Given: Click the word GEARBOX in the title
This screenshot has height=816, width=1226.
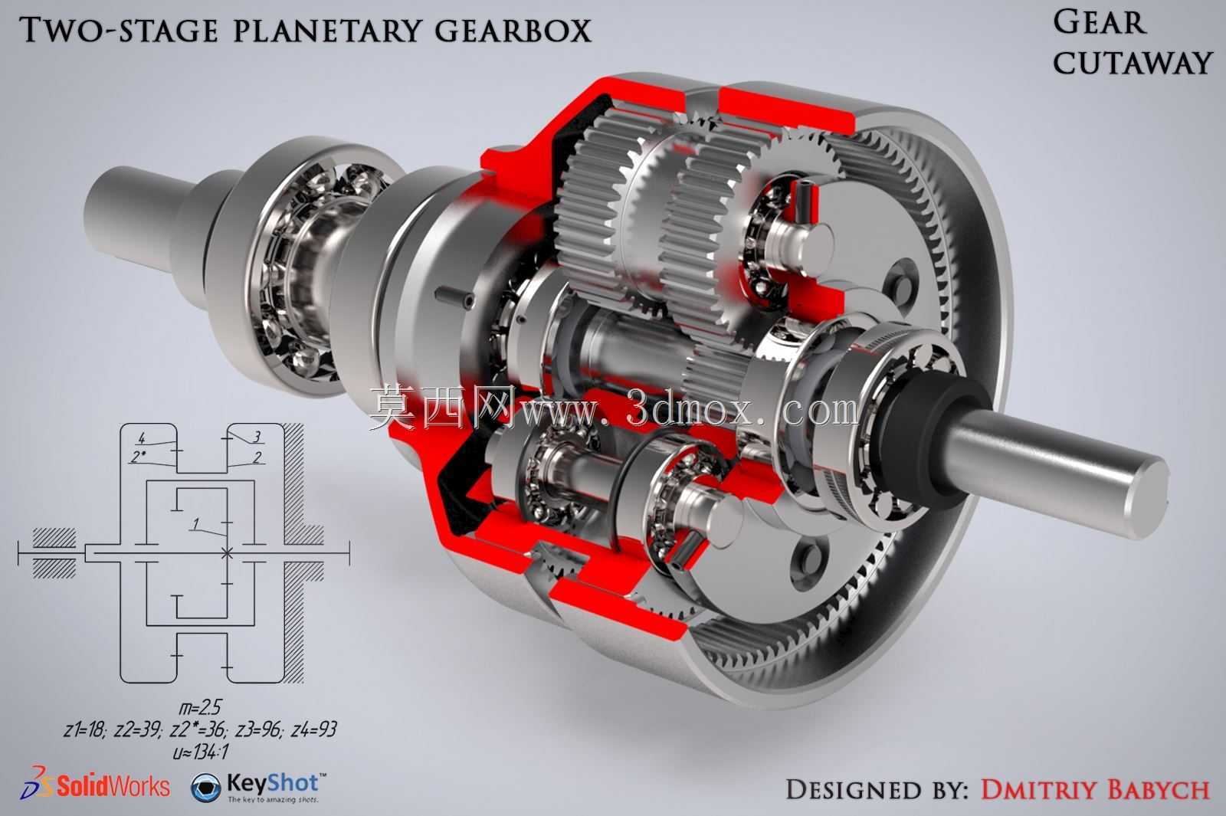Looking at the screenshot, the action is pyautogui.click(x=513, y=30).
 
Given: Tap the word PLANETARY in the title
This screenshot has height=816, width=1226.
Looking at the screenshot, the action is pyautogui.click(x=327, y=30).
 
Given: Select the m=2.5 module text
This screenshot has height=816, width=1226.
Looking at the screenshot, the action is pyautogui.click(x=200, y=708).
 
